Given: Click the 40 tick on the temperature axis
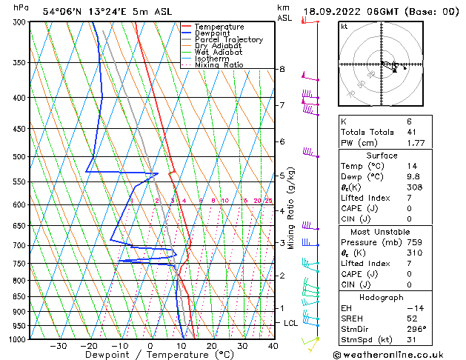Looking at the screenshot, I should tap(273, 346).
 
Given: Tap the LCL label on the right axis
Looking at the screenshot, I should tap(291, 323).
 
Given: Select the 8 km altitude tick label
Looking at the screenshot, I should tap(282, 69).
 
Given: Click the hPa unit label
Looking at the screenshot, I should tap(21, 7).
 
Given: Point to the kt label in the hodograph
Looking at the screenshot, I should tap(344, 27).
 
